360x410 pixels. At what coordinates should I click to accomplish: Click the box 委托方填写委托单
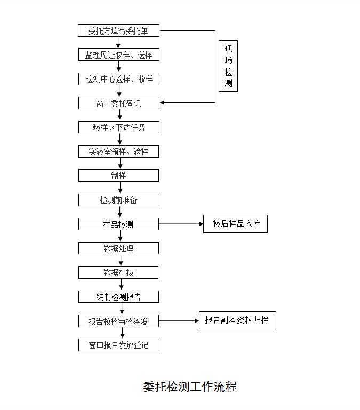(118, 31)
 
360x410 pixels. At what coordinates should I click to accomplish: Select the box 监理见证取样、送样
(118, 55)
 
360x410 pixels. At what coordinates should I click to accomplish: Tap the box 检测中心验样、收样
(118, 79)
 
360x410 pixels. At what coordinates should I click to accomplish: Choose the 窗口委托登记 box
(118, 103)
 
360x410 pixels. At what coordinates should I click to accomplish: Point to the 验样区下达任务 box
(118, 127)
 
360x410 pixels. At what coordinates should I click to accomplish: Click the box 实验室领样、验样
(118, 151)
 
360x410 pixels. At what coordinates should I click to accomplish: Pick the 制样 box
(118, 175)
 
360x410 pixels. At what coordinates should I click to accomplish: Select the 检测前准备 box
(118, 200)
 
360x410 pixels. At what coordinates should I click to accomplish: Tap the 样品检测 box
(118, 224)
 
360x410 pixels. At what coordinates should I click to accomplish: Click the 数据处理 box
(118, 248)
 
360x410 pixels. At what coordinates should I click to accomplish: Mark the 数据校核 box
(118, 272)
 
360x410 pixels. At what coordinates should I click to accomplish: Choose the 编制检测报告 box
(118, 297)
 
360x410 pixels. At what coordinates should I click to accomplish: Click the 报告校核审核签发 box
(118, 321)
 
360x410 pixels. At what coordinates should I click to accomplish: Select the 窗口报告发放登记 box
(118, 345)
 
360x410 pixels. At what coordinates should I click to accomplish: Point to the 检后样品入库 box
(235, 224)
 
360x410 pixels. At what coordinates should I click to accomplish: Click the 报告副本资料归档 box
(237, 320)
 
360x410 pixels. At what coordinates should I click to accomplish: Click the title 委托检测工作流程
(189, 387)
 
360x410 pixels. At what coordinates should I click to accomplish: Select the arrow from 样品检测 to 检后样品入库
(181, 224)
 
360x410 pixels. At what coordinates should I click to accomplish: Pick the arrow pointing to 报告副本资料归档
(179, 321)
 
